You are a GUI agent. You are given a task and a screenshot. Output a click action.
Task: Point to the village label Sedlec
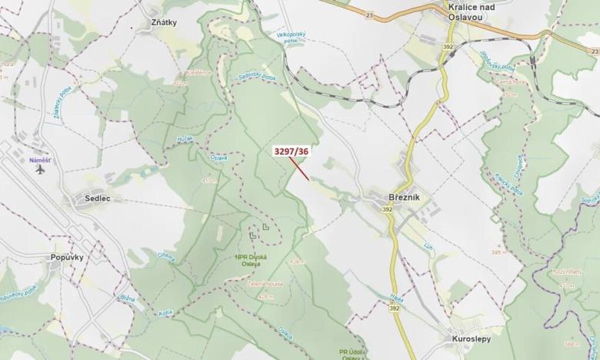tap(92, 198)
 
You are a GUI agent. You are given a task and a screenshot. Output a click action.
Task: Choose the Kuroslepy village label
tap(472, 338)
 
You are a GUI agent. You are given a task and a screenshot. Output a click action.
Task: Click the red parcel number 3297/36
tap(291, 152)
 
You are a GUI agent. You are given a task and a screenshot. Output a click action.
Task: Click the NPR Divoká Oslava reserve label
tap(252, 262)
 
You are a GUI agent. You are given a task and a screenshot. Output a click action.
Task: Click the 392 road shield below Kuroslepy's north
tap(395, 308)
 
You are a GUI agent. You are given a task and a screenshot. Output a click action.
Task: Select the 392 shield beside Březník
tap(386, 209)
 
